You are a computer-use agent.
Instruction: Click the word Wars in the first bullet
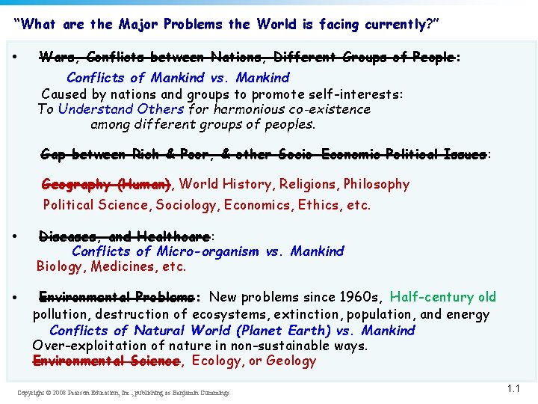point(55,58)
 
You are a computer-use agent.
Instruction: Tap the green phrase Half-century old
point(443,297)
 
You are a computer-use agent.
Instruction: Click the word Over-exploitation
point(78,346)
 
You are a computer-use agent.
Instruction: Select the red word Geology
point(291,361)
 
